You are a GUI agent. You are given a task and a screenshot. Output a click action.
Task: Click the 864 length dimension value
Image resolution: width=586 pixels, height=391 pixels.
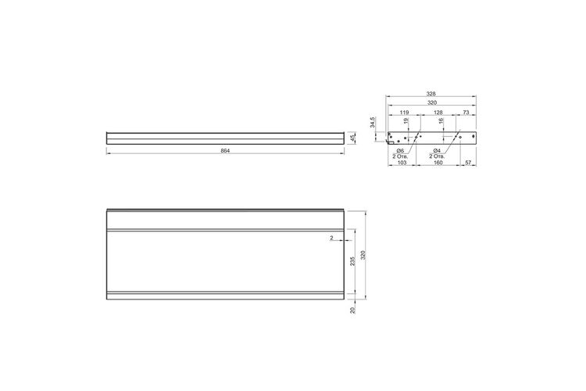(225, 151)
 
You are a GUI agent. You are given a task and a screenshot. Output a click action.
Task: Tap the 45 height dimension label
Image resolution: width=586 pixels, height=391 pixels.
(352, 138)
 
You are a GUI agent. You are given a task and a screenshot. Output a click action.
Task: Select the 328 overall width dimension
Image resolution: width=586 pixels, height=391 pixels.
(431, 94)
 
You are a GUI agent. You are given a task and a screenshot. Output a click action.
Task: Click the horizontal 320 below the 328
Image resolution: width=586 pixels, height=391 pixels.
(432, 102)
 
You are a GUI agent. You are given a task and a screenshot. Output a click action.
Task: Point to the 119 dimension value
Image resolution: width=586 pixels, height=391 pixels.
(405, 113)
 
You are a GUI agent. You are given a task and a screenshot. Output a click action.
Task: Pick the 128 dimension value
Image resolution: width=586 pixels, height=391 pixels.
(438, 113)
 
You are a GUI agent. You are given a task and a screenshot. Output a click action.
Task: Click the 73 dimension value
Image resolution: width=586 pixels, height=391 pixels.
(466, 113)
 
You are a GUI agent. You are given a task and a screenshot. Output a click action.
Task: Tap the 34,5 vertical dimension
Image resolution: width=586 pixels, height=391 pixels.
(372, 122)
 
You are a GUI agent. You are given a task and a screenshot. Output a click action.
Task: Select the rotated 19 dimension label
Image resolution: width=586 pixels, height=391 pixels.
(406, 121)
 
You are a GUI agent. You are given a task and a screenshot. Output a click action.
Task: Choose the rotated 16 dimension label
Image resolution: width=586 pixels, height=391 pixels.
(441, 121)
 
